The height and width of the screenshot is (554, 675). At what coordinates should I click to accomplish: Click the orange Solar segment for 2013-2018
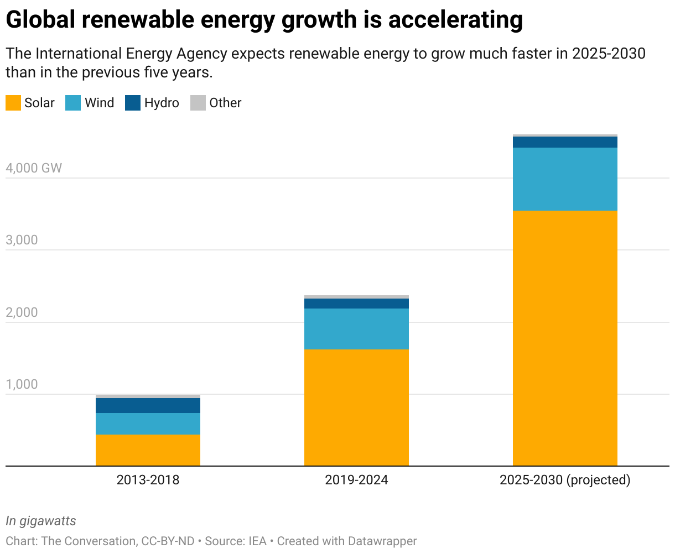(x=148, y=450)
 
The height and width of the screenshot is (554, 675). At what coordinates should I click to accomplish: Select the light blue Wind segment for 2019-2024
(x=356, y=328)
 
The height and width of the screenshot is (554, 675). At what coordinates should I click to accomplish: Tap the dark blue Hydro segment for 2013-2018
(x=148, y=405)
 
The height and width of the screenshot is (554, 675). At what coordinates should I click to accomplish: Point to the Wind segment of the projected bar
(x=565, y=179)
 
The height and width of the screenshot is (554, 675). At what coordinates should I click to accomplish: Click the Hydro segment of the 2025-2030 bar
(x=565, y=142)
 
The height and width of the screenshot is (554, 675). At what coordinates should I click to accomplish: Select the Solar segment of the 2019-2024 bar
(x=356, y=407)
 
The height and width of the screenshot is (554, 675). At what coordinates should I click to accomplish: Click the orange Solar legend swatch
(x=13, y=103)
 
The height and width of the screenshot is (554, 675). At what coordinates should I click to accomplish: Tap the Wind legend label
(x=99, y=103)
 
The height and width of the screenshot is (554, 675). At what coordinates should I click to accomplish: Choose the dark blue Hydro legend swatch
(x=133, y=103)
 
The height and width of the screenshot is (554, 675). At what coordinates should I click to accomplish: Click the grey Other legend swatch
(x=198, y=103)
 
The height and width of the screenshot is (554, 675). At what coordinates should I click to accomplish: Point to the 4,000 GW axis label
(x=34, y=168)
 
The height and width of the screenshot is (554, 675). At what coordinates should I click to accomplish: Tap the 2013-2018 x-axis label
(x=148, y=480)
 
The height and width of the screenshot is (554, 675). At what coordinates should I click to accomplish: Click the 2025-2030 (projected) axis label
(x=565, y=480)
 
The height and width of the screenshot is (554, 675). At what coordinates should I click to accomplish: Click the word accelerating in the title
(x=455, y=20)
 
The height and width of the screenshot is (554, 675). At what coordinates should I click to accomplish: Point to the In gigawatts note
(x=41, y=521)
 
